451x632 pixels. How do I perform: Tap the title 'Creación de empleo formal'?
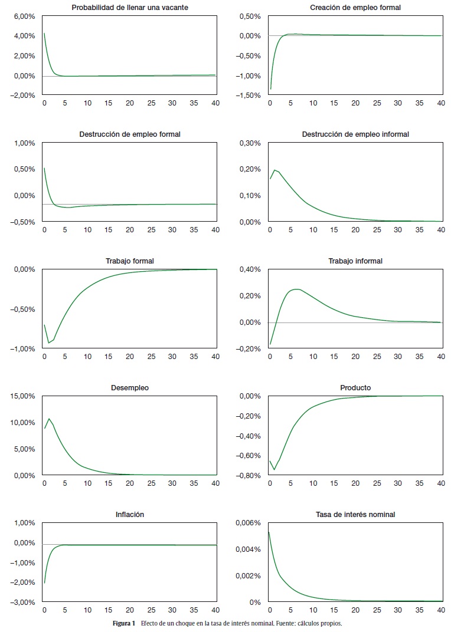click(355, 7)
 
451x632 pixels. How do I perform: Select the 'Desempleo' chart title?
click(129, 387)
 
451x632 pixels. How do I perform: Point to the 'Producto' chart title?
click(355, 387)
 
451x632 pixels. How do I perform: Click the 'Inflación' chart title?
click(129, 514)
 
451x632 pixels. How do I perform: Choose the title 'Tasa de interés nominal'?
click(355, 514)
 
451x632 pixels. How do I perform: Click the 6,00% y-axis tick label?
click(24, 16)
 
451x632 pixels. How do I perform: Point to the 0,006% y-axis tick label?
click(248, 523)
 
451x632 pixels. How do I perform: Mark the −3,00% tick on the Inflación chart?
click(23, 603)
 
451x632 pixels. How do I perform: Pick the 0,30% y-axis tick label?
click(250, 143)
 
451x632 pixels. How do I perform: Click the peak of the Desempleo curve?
click(49, 419)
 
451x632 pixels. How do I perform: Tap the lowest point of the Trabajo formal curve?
click(49, 343)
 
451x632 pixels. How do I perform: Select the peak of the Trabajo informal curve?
click(297, 289)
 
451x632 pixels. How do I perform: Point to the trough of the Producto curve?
click(274, 470)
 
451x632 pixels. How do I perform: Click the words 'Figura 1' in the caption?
click(124, 623)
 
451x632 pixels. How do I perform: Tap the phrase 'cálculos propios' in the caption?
click(321, 623)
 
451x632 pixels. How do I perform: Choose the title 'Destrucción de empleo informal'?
click(355, 134)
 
